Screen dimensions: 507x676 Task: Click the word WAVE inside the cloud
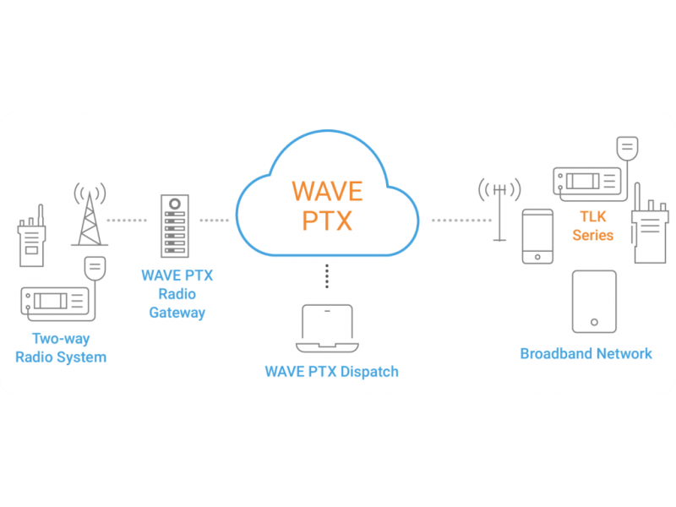(326, 190)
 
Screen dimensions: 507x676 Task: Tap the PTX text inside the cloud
(327, 221)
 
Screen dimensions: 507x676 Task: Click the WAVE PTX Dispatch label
(331, 372)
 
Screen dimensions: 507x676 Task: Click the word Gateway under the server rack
(177, 313)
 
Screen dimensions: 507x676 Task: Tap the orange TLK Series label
(592, 226)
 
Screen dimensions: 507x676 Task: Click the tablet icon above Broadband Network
(594, 302)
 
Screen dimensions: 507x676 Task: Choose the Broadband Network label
(586, 353)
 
